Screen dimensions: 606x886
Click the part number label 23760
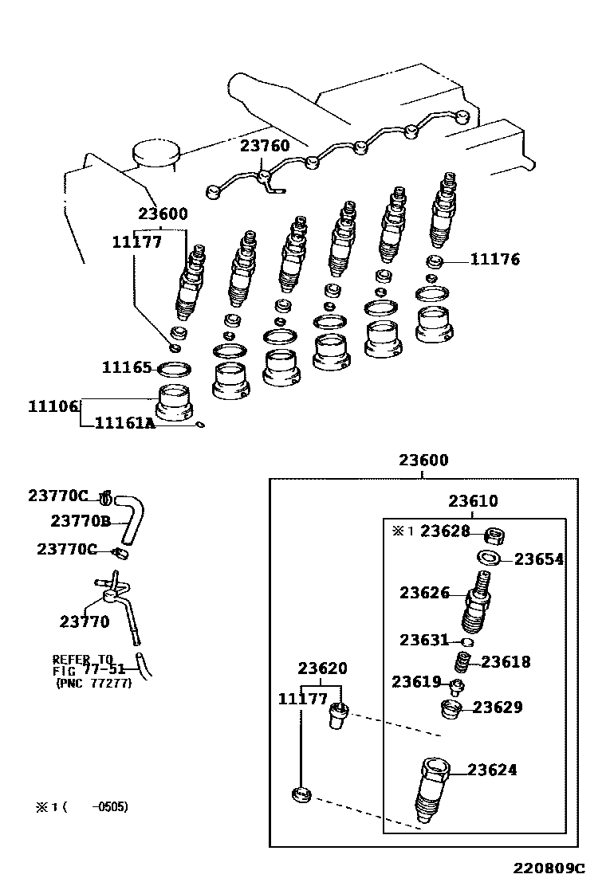265,146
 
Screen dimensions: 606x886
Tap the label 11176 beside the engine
494,260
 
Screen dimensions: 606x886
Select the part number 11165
127,367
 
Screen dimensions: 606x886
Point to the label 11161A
124,422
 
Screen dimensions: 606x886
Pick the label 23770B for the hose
81,520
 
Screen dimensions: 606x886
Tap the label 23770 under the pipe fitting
85,621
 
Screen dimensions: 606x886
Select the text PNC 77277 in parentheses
94,683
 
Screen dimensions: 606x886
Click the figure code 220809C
549,868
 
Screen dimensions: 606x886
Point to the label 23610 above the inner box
473,500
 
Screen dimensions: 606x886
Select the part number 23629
498,707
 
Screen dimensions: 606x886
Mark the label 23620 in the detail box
322,668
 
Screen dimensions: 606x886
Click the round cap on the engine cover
156,151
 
